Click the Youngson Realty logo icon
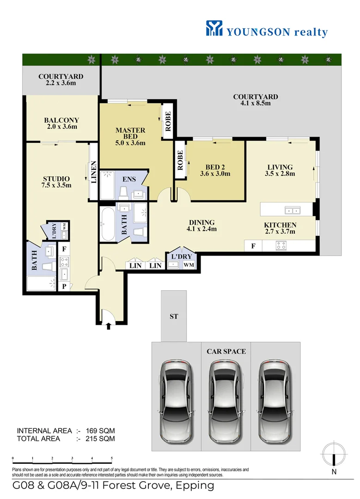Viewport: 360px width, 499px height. (214, 28)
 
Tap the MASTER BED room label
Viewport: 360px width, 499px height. (130, 136)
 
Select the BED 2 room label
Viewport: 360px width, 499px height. (215, 170)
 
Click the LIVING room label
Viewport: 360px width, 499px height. (280, 170)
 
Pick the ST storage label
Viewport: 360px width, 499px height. (174, 316)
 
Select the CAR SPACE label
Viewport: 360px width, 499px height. (226, 351)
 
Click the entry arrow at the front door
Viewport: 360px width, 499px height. (109, 327)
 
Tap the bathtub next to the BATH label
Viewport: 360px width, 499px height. (109, 224)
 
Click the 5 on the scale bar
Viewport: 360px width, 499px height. (112, 459)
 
